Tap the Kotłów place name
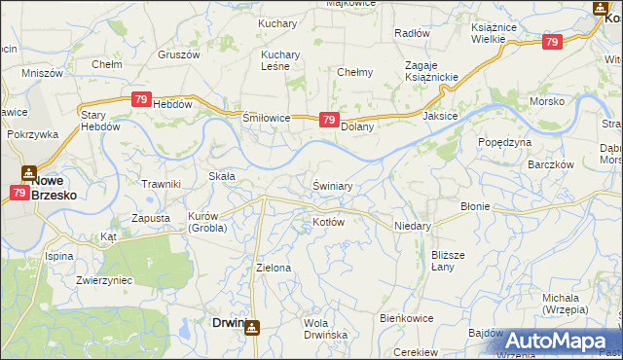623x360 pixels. click(x=329, y=222)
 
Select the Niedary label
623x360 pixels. click(x=412, y=224)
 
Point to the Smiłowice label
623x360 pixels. click(x=266, y=118)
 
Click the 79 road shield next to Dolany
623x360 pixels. click(x=329, y=121)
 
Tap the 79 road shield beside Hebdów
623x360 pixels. click(x=141, y=99)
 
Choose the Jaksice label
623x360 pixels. click(x=441, y=116)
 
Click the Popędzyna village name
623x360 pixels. click(x=504, y=142)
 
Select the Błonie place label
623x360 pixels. click(x=474, y=206)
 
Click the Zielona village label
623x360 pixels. click(x=273, y=267)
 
